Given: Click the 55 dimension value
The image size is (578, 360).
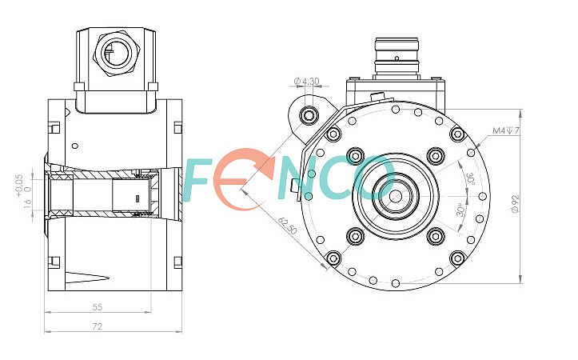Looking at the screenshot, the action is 98,307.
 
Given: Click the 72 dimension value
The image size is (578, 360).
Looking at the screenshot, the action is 98,326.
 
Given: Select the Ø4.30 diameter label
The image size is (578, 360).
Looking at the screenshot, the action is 307,81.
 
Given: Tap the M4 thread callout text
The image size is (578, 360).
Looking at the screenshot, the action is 506,130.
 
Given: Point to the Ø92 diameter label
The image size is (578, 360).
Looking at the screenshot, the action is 515,204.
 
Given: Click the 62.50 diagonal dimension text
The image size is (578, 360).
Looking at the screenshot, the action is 288,226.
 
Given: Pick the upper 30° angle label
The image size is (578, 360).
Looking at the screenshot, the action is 470,178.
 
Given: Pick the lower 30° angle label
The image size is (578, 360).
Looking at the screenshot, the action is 460,210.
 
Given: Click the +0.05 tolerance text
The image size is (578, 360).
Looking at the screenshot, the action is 19,186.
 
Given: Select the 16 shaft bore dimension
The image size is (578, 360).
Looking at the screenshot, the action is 28,204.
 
